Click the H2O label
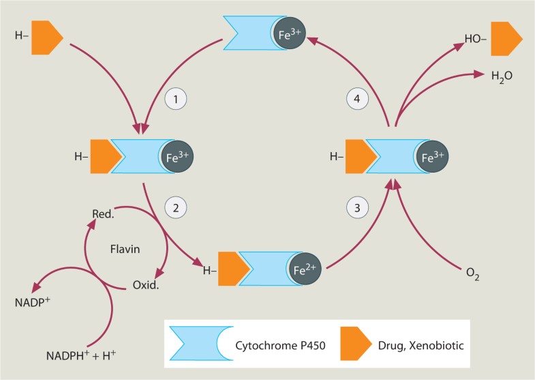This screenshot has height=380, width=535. pos(501,74)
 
